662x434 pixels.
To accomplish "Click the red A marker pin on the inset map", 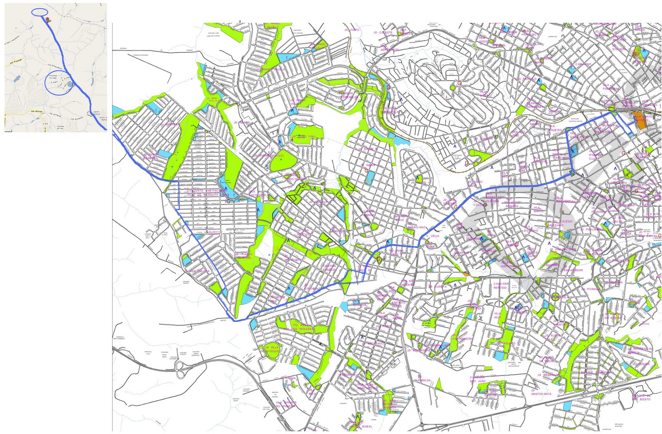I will [48, 19].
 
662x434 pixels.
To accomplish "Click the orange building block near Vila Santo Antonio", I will [641, 120].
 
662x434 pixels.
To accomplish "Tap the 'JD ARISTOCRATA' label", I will [541, 392].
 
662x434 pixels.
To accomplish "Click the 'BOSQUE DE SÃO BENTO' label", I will [641, 397].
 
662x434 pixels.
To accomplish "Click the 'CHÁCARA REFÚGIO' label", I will [501, 286].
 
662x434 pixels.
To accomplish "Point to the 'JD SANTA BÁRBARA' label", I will [151, 156].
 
